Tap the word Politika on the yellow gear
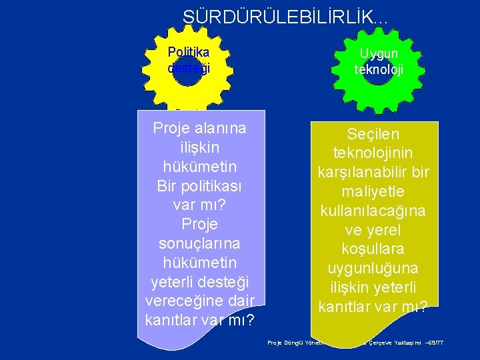(x=189, y=52)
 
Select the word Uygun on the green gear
(x=379, y=53)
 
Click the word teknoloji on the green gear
(x=379, y=69)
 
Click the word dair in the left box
(x=241, y=301)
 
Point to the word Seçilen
(x=374, y=133)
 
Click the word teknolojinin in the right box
(x=374, y=153)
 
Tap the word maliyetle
(x=374, y=191)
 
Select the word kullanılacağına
(x=374, y=211)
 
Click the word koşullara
(x=374, y=249)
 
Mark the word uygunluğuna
(x=374, y=269)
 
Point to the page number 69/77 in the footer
(x=437, y=343)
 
